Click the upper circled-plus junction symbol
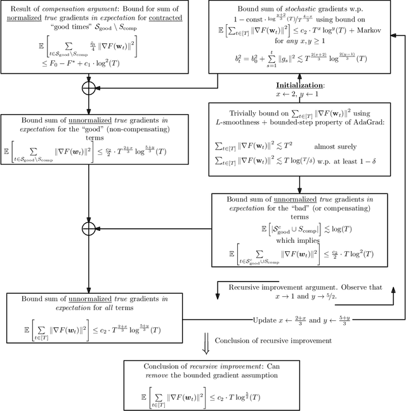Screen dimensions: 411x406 tap(89, 88)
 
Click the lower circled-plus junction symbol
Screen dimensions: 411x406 tap(89, 227)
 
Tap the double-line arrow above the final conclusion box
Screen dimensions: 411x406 tap(206, 341)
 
